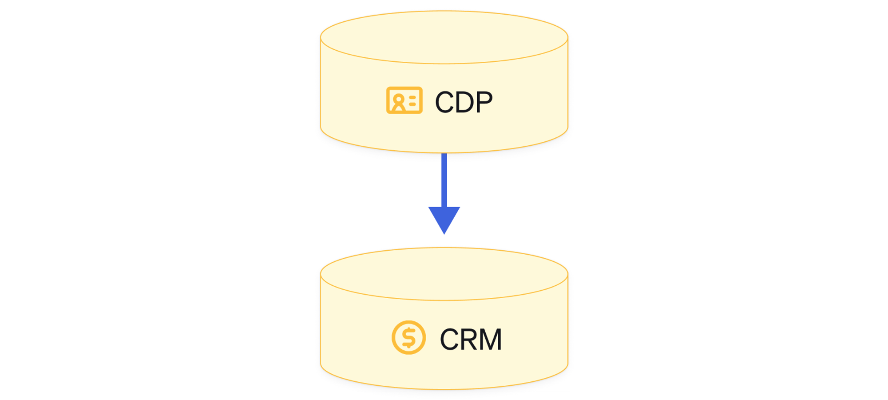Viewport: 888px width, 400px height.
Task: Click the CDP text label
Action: pos(464,102)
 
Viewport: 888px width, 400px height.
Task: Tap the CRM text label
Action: pos(471,340)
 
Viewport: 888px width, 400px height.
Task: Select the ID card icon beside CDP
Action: pos(404,100)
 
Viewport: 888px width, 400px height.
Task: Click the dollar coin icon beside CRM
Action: pos(408,337)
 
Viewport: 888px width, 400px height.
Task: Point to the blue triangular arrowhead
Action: pos(444,218)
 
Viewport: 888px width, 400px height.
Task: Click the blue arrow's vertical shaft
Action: pos(444,180)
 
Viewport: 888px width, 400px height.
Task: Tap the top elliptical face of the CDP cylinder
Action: pos(444,37)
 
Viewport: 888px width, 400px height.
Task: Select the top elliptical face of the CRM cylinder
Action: pos(444,274)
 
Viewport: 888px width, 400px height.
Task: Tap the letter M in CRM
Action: pos(491,340)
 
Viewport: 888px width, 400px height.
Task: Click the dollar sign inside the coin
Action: pos(408,337)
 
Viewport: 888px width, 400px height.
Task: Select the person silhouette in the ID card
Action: pos(398,103)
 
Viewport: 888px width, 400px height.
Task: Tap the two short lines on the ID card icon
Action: pos(412,101)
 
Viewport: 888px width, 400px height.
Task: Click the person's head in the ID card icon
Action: pos(398,99)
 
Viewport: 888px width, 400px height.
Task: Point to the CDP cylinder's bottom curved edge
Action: pos(444,152)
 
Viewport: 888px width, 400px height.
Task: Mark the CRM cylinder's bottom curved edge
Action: pos(444,389)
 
